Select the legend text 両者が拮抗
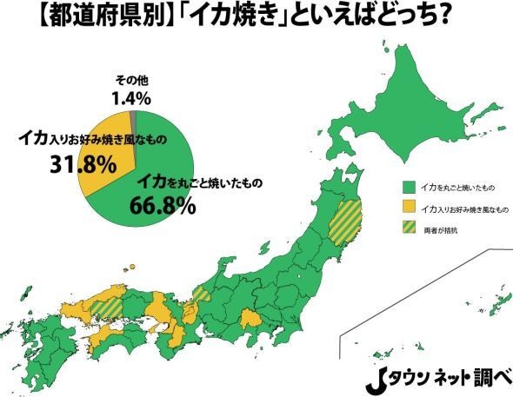[x=441, y=231]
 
